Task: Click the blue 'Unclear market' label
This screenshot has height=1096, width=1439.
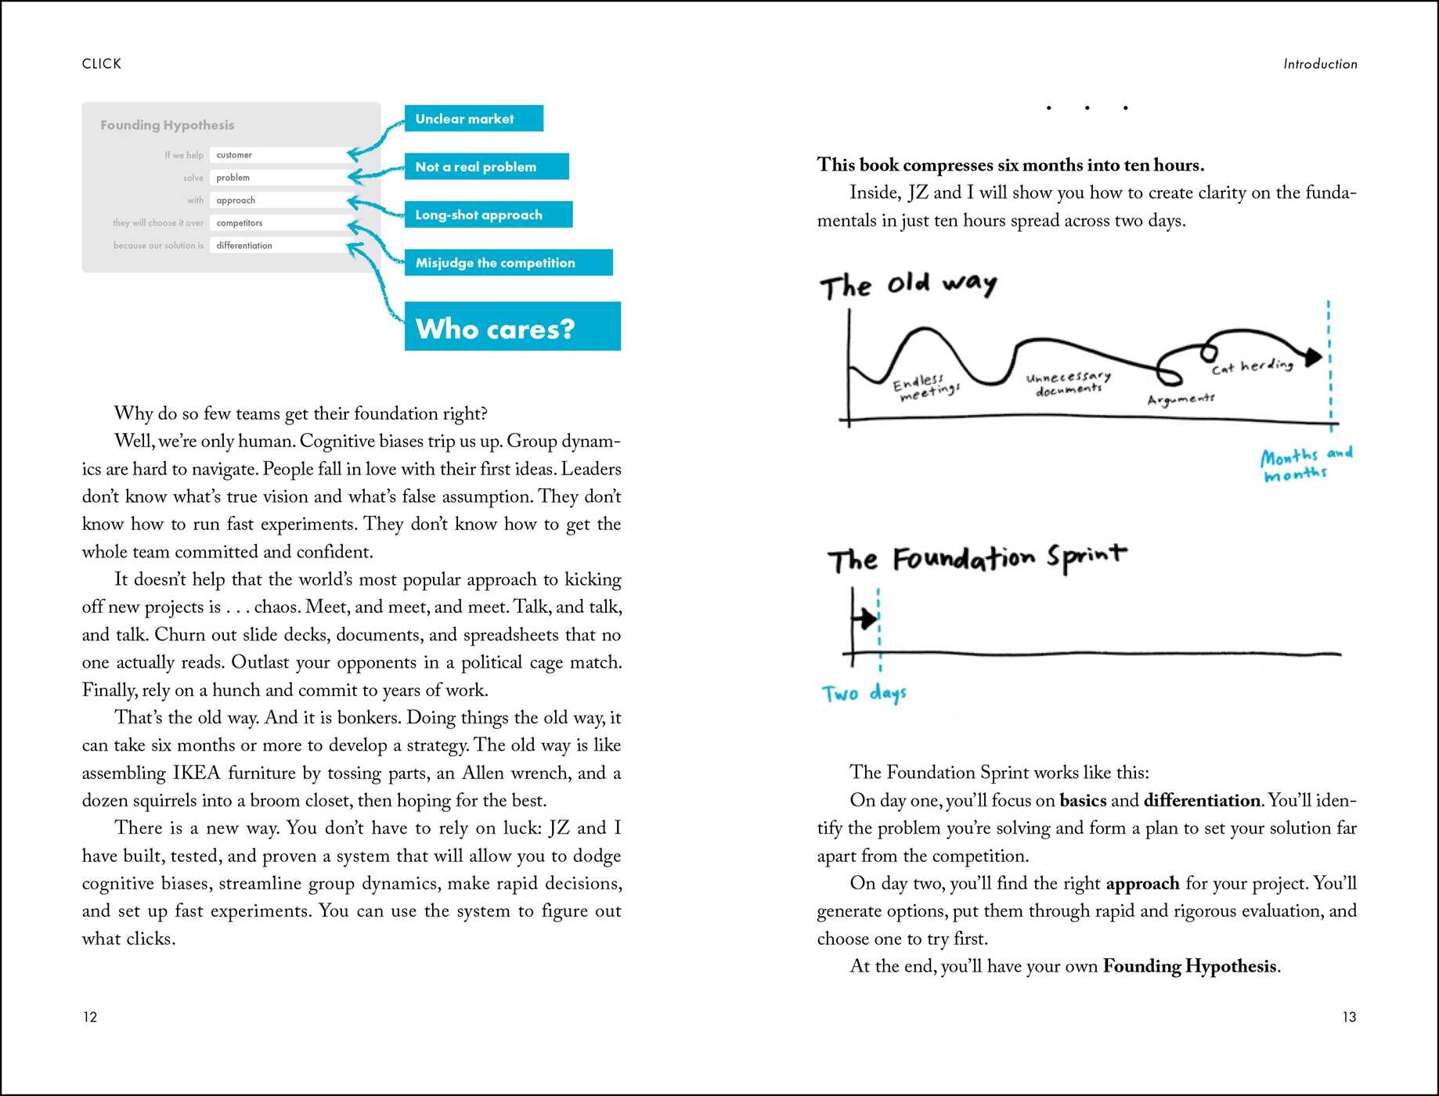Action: coord(474,119)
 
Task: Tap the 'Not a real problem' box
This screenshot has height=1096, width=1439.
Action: coord(486,167)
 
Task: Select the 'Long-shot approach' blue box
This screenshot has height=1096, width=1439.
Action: coord(488,215)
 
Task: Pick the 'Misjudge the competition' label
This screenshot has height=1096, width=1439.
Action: coord(508,263)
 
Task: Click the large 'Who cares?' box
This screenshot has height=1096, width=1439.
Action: coord(512,326)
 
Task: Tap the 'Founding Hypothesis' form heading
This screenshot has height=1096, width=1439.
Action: coord(167,125)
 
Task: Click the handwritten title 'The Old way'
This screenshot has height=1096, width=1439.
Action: coord(908,284)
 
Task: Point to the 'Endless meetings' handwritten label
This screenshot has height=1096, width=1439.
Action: coord(925,387)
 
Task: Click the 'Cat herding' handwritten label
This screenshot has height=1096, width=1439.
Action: coord(1252,366)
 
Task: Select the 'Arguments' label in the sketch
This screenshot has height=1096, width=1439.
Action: coord(1181,400)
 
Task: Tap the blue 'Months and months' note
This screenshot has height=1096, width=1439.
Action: coord(1305,464)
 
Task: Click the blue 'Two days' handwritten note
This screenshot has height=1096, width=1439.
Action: coord(864,694)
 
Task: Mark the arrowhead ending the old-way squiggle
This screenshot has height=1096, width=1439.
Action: coord(1313,357)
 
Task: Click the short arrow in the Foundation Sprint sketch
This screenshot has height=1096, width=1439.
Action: coord(865,619)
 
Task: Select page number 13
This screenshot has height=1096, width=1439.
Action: coord(1349,1017)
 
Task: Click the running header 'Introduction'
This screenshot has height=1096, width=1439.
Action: coord(1320,64)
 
